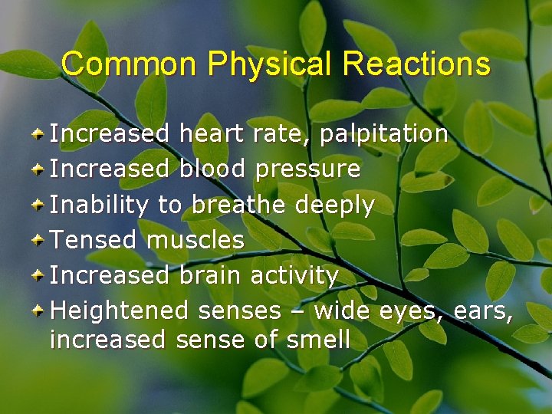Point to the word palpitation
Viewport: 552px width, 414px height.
tap(384, 134)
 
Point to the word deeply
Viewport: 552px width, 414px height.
tap(335, 205)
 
